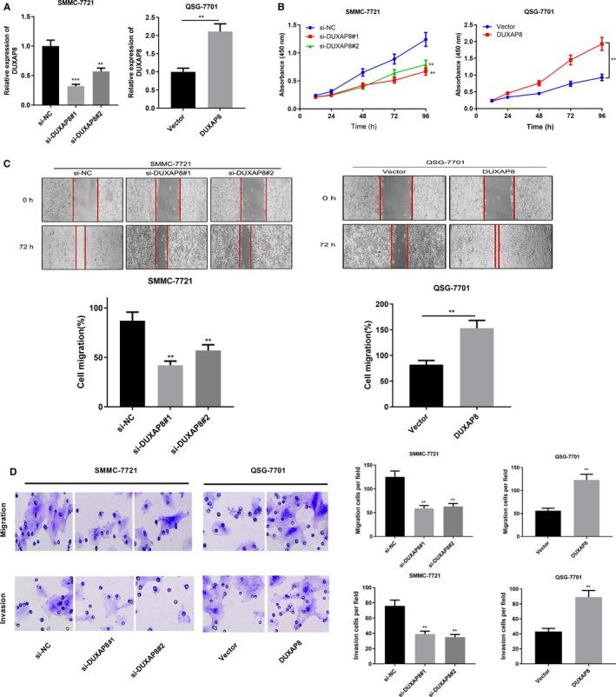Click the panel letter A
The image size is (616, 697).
click(7, 8)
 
